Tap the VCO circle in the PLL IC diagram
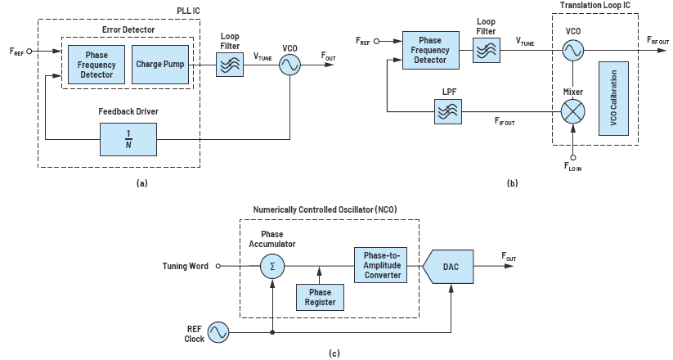point(289,65)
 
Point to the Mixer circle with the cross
point(573,107)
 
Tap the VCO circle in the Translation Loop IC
point(573,51)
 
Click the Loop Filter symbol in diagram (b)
point(486,52)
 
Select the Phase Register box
point(319,297)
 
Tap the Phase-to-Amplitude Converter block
point(382,264)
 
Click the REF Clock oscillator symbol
point(218,331)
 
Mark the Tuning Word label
point(186,265)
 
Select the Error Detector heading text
point(129,29)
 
